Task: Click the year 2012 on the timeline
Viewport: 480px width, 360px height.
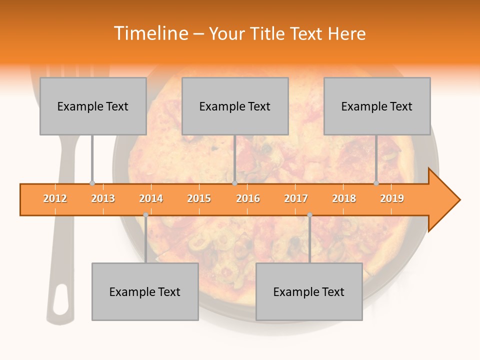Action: coord(55,198)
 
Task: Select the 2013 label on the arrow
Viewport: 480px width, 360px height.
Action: coord(103,198)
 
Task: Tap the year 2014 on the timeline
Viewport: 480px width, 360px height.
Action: coord(151,198)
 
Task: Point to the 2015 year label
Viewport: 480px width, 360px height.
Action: coord(199,198)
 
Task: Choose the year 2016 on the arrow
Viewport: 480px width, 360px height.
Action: coord(248,198)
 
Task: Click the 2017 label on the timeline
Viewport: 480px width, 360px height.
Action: coord(296,198)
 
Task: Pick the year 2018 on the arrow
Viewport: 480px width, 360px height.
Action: coord(344,198)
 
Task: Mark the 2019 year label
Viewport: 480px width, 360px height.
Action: coord(392,198)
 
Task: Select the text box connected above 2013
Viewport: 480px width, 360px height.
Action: coord(93,106)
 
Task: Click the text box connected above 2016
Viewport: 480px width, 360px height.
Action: coord(235,106)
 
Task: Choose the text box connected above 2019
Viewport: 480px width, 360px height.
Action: coord(377,106)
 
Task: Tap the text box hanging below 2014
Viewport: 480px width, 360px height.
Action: coord(145,291)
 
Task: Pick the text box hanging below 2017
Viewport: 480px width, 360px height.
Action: coord(309,291)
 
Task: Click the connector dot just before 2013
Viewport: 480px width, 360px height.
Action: coord(92,183)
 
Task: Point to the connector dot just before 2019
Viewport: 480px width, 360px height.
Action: coord(376,183)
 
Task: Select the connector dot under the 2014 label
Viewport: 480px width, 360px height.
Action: coord(145,215)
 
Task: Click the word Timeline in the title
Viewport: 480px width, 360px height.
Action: coord(150,33)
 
